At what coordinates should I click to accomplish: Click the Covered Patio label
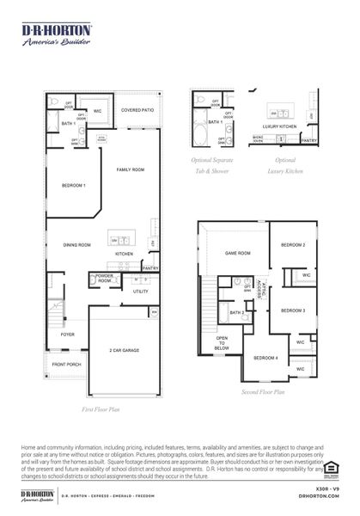tap(137, 110)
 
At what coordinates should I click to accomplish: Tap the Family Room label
tap(131, 170)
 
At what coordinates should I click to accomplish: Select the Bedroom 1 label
tap(73, 186)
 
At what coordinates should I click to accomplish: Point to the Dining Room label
tap(76, 245)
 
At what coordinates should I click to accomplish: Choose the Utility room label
tap(140, 292)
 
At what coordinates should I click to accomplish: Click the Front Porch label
tap(66, 365)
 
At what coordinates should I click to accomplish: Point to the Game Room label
tap(237, 253)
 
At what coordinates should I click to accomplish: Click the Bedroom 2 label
tap(293, 245)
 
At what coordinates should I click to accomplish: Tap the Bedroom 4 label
tap(265, 357)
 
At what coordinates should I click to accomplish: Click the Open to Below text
tap(222, 344)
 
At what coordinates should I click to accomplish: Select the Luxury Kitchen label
tap(279, 126)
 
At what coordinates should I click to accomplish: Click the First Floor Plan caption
tap(100, 410)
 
